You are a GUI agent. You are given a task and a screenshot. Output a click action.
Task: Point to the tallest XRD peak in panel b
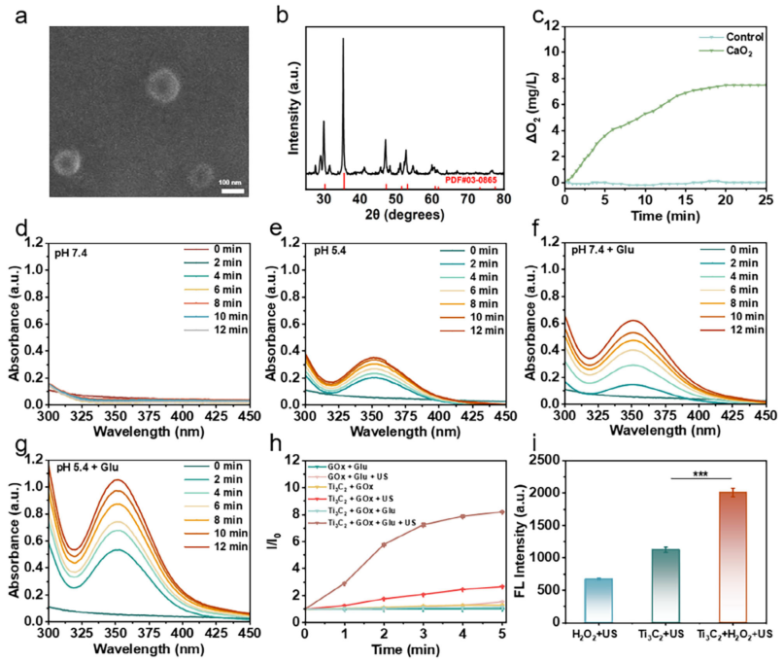[x=343, y=40]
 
